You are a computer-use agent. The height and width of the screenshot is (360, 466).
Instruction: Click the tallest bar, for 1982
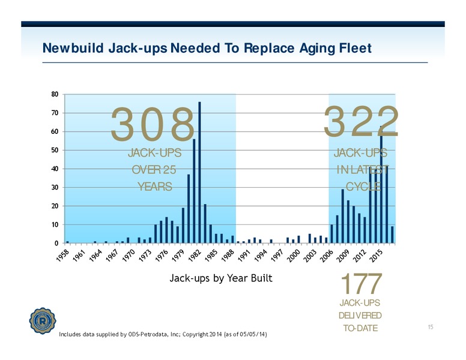point(199,172)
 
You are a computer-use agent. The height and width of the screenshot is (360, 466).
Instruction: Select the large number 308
point(153,124)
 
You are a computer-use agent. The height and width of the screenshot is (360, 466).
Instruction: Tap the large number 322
point(361,122)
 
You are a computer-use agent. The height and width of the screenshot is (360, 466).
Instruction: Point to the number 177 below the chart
point(361,283)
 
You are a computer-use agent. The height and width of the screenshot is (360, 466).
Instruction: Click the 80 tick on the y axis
point(55,94)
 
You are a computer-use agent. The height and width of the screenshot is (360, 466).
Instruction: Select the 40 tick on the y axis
point(55,169)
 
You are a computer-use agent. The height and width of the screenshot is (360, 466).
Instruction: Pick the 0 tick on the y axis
point(56,243)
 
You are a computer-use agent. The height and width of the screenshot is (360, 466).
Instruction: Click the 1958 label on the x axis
point(62,256)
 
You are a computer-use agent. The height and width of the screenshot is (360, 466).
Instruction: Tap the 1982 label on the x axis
point(195,256)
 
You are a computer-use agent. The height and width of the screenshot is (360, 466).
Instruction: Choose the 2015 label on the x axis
point(377,256)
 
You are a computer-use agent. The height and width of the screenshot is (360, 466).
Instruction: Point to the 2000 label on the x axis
point(294,256)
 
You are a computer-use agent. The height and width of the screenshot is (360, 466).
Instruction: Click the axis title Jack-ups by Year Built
point(221,278)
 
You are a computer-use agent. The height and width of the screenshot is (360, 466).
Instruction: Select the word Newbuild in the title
point(73,48)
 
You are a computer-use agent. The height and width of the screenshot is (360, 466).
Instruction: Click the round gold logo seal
point(43,321)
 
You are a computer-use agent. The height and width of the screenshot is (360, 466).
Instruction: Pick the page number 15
point(431,327)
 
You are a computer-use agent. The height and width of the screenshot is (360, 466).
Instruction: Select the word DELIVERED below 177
point(360,316)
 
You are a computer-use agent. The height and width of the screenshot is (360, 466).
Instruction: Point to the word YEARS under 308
point(155,187)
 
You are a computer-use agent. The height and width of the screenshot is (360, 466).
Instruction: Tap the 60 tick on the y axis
point(55,131)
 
